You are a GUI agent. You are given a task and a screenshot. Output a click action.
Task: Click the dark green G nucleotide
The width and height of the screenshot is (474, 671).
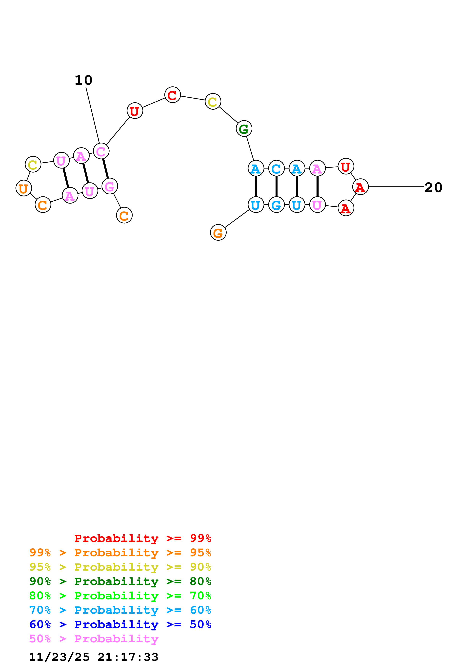coord(244,129)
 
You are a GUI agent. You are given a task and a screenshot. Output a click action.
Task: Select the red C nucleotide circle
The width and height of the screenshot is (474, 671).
coord(173,95)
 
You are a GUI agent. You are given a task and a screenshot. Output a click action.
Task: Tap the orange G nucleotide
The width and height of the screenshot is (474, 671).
coord(218,233)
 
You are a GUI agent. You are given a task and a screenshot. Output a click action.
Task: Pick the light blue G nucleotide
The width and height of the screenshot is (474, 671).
coord(276,205)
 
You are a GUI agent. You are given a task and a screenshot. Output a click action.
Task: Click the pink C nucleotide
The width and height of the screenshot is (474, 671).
coord(101,151)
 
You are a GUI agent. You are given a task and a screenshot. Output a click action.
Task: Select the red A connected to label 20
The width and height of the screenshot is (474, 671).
coord(360,187)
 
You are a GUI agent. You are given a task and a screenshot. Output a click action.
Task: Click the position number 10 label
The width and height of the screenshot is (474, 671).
coord(84,80)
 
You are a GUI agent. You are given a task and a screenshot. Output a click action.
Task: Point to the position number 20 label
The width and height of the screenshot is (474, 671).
coord(433,187)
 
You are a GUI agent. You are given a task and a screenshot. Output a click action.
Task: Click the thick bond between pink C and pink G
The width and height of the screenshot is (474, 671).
coord(105,169)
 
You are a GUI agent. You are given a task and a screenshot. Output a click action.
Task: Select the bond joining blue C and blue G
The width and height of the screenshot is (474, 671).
coord(276,186)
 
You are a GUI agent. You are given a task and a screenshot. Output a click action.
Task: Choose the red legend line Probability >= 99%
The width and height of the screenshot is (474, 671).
coord(142,538)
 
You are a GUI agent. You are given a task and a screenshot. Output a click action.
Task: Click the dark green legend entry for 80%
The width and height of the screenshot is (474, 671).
coord(120,581)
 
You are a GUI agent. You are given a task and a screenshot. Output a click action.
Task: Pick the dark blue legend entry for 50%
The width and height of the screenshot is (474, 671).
coord(120,624)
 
